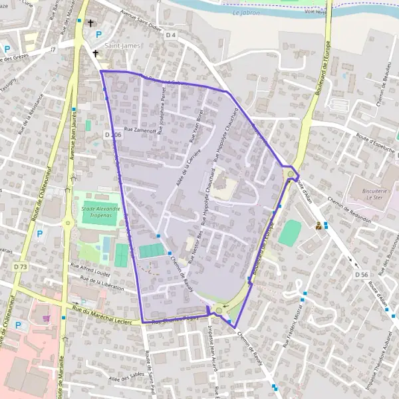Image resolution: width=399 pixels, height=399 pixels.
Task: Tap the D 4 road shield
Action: tap(171, 35)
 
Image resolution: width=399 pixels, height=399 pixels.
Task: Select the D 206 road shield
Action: tap(113, 134)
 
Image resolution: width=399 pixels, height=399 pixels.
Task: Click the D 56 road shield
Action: tap(361, 274)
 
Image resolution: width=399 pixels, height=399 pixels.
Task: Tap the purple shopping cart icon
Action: tap(46, 319)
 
